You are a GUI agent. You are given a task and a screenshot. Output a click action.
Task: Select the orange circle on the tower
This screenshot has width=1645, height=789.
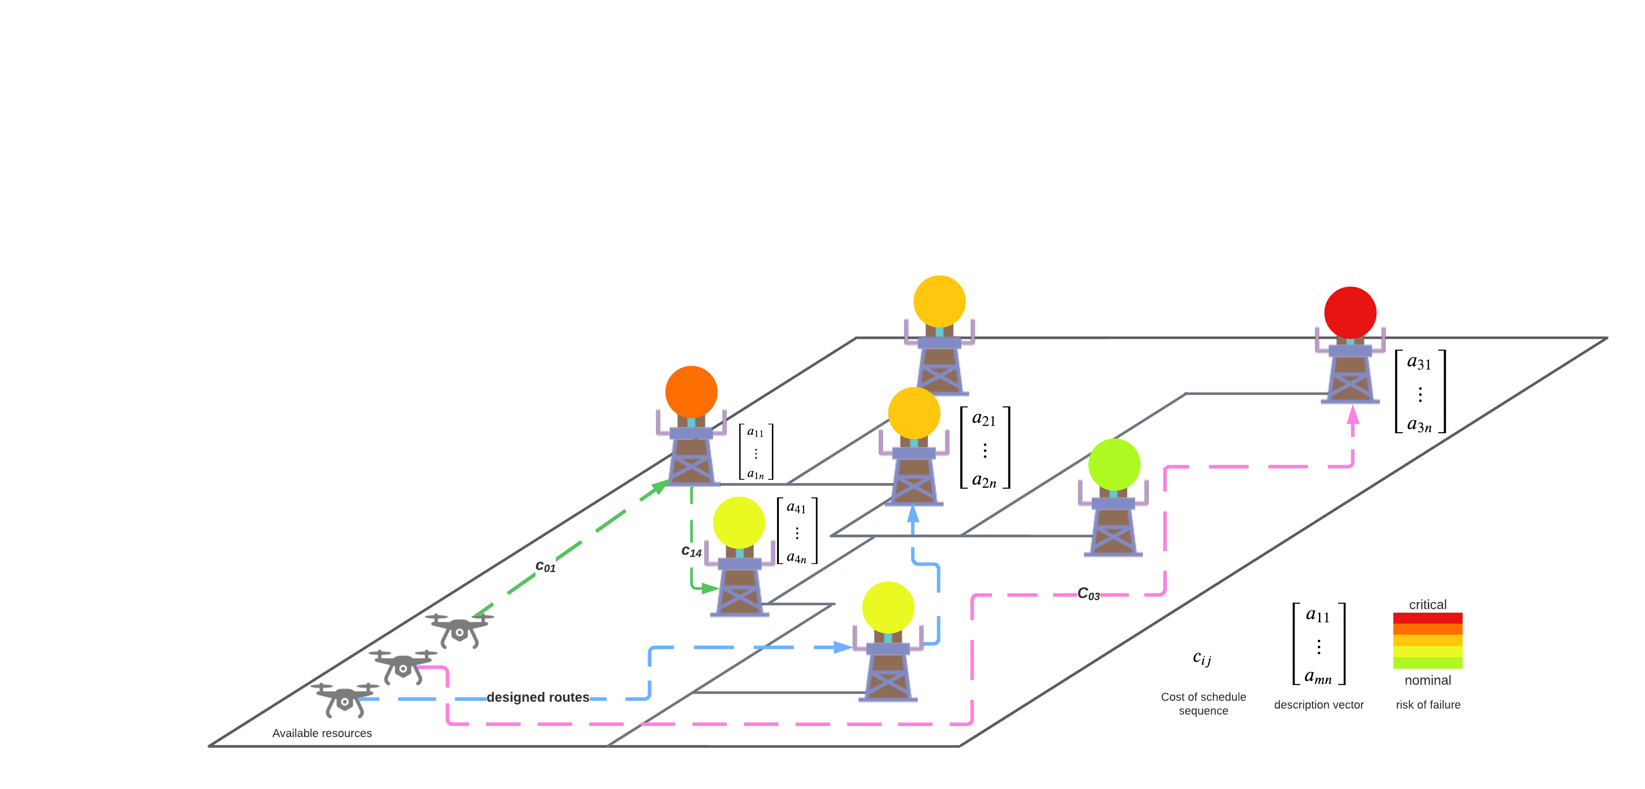691,391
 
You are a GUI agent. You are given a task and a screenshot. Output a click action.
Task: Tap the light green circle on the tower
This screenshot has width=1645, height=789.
1114,464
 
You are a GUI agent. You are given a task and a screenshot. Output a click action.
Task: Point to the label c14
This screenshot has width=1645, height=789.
691,551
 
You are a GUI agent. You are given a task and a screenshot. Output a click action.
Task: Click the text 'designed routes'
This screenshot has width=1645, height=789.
538,697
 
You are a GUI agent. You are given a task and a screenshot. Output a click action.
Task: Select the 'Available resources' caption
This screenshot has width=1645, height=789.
322,733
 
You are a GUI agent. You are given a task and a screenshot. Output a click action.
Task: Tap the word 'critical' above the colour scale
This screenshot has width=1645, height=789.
1427,604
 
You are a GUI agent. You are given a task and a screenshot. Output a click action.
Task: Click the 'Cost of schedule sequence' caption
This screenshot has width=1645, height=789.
1203,704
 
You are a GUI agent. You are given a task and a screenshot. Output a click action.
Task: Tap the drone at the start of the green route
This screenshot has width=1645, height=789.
459,630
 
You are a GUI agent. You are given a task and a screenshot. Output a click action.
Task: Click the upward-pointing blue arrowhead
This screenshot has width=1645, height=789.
913,514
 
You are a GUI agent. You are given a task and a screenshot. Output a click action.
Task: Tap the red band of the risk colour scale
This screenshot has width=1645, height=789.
1427,618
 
